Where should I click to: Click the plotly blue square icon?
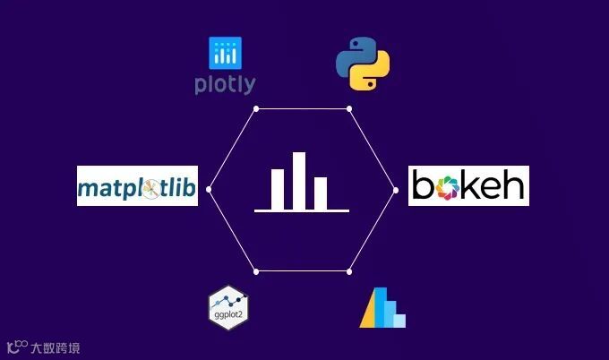[225, 54]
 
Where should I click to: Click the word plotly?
[225, 85]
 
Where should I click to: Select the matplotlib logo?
[137, 186]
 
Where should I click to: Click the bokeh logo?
[468, 185]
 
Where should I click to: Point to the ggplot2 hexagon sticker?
[227, 306]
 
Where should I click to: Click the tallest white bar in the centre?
[299, 180]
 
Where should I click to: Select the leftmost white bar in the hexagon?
[278, 188]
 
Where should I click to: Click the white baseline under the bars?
[301, 211]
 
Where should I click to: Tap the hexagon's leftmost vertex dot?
[209, 189]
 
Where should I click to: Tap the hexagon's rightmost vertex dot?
[396, 189]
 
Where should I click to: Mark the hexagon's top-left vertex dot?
[256, 108]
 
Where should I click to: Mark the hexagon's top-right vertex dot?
[349, 108]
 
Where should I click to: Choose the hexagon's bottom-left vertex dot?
[256, 270]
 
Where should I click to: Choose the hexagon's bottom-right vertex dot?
[349, 270]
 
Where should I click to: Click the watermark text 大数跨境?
[55, 347]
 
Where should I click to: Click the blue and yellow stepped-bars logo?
[382, 309]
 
